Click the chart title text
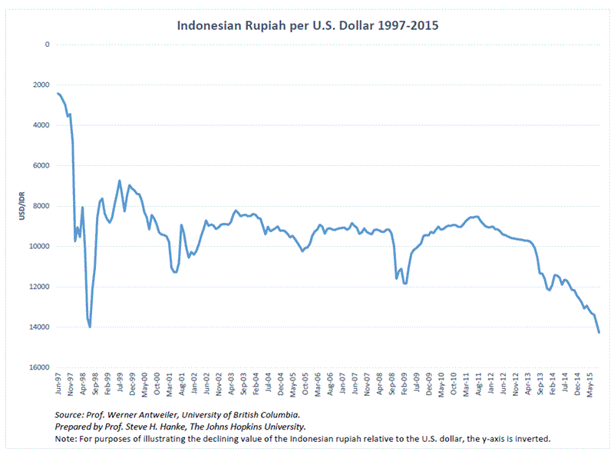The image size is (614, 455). coord(308,25)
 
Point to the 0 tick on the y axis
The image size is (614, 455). coord(47,45)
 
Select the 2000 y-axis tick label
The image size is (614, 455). coord(41,85)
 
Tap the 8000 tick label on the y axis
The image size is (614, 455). coord(41,206)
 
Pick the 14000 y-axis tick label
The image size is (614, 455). coord(40,327)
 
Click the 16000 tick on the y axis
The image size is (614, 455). coord(40,367)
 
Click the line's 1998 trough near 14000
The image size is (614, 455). coord(90,327)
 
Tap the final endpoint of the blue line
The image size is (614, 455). coord(599,332)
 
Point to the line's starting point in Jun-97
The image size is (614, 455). coord(58,93)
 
